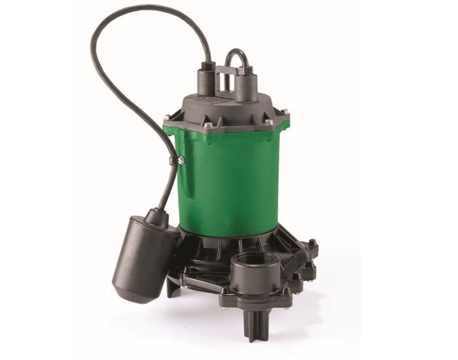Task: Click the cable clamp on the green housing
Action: pyautogui.click(x=177, y=160)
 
